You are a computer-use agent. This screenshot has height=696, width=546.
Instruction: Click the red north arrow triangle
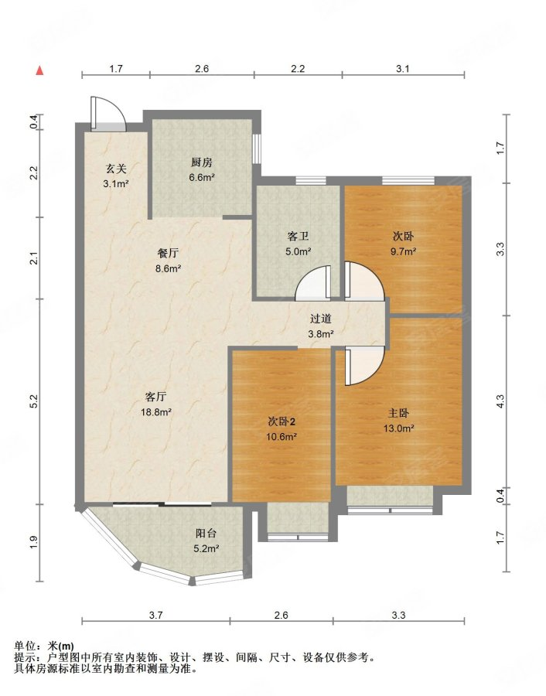click(x=40, y=71)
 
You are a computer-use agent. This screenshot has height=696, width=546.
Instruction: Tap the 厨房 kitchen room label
click(x=202, y=162)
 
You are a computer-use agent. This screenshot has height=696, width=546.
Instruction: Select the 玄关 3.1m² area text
click(x=116, y=183)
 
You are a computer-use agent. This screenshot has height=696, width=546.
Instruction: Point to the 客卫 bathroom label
click(x=298, y=237)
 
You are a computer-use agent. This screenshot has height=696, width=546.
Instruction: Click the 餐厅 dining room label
click(x=169, y=253)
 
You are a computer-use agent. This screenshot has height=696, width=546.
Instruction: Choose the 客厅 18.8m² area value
click(x=156, y=412)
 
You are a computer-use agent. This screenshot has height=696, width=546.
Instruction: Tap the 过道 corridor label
click(x=320, y=319)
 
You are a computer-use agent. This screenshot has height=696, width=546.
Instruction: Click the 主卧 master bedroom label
click(x=398, y=413)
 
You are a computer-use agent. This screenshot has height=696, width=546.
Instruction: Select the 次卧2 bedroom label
click(x=282, y=421)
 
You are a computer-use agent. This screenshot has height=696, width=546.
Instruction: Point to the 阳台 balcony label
click(x=206, y=533)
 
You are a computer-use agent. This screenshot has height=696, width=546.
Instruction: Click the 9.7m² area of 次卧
click(x=403, y=251)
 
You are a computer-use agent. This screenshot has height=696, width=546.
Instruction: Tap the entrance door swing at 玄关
click(x=107, y=114)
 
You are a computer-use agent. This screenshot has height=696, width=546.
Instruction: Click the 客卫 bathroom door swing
click(x=313, y=281)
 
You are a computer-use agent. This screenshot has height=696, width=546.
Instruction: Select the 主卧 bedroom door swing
click(x=364, y=367)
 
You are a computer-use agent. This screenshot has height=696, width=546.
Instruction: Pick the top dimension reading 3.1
click(x=403, y=68)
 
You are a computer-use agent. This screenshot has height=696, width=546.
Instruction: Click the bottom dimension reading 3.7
click(x=155, y=616)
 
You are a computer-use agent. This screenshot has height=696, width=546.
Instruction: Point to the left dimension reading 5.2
click(x=35, y=401)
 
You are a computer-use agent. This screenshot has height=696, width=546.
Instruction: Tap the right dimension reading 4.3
click(x=500, y=401)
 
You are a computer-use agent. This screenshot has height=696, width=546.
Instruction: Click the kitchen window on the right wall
click(x=257, y=148)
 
